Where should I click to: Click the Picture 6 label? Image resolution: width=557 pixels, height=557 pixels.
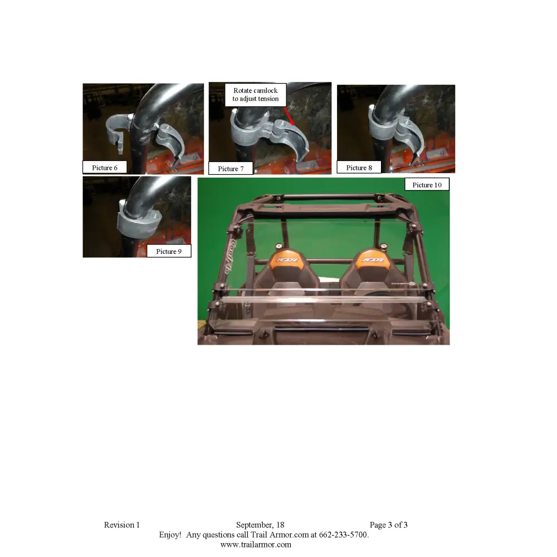coord(105,167)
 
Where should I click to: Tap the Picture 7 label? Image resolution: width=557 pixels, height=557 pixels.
coord(231,168)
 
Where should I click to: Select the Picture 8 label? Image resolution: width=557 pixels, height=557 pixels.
coord(359,167)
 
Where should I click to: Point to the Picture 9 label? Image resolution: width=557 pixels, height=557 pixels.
coord(169,251)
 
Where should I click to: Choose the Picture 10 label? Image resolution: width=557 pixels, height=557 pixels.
coord(427,184)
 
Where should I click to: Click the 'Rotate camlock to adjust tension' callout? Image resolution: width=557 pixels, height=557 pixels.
coord(256,95)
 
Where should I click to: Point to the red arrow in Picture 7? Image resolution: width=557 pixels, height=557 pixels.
coord(289,116)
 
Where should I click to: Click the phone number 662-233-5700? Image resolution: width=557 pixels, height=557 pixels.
coord(344,535)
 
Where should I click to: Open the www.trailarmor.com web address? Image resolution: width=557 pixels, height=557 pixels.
coord(256,545)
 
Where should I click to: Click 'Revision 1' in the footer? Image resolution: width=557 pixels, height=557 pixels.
coord(121,525)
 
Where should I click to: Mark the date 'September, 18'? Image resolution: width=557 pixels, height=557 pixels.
coord(260,525)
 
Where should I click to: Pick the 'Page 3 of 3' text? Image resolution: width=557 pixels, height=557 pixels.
coord(388,525)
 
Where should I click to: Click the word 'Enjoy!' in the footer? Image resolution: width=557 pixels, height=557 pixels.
coord(170,535)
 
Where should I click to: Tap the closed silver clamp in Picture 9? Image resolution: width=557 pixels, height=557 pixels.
coord(139,224)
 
